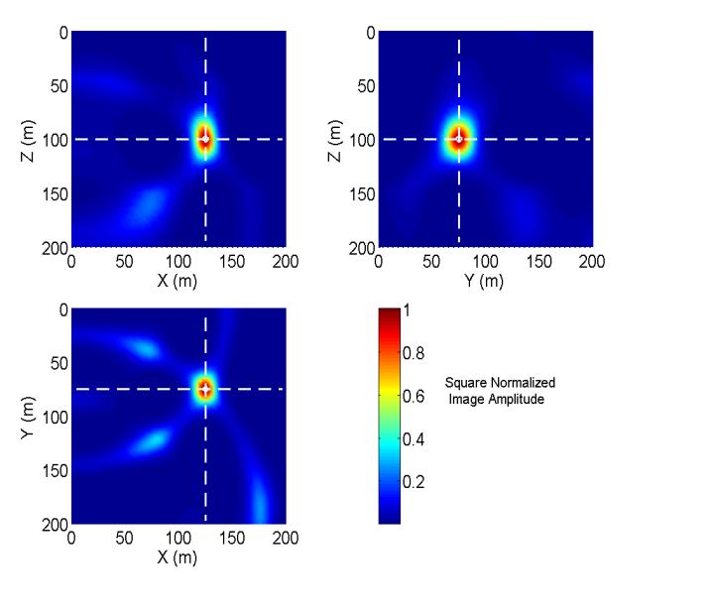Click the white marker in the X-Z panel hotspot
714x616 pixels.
[x=205, y=139]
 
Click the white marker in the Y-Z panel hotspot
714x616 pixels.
[x=459, y=139]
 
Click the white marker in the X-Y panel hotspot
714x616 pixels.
[x=205, y=389]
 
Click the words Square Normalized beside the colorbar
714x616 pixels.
[x=500, y=383]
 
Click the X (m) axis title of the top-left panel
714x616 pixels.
[x=178, y=281]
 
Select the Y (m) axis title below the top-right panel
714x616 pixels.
[x=483, y=281]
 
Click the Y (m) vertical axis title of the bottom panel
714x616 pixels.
[x=33, y=417]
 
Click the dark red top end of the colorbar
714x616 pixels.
[x=389, y=314]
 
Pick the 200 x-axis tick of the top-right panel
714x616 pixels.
[x=592, y=261]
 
